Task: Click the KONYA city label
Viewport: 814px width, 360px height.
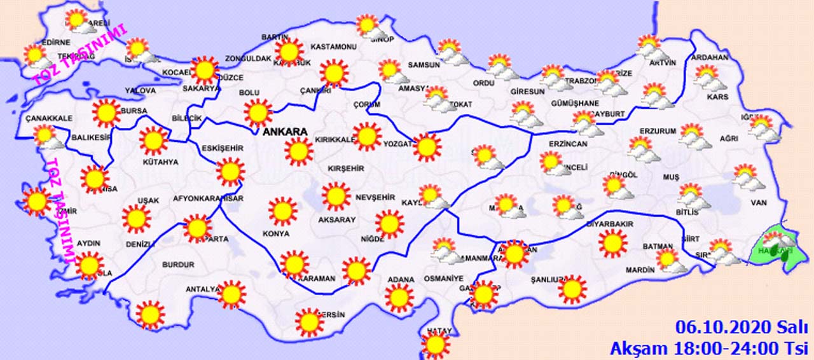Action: (276, 233)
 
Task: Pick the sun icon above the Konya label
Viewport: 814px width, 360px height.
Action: (282, 211)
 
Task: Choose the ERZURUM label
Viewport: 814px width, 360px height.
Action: (658, 131)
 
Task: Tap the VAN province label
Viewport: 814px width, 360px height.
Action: (759, 203)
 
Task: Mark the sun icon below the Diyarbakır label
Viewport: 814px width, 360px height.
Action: (613, 244)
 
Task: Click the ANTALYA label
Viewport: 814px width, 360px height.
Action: (202, 289)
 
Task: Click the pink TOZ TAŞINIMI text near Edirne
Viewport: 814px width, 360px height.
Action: (80, 55)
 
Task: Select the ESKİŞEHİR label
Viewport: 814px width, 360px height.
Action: (223, 148)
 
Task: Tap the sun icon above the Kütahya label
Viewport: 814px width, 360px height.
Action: (153, 141)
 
